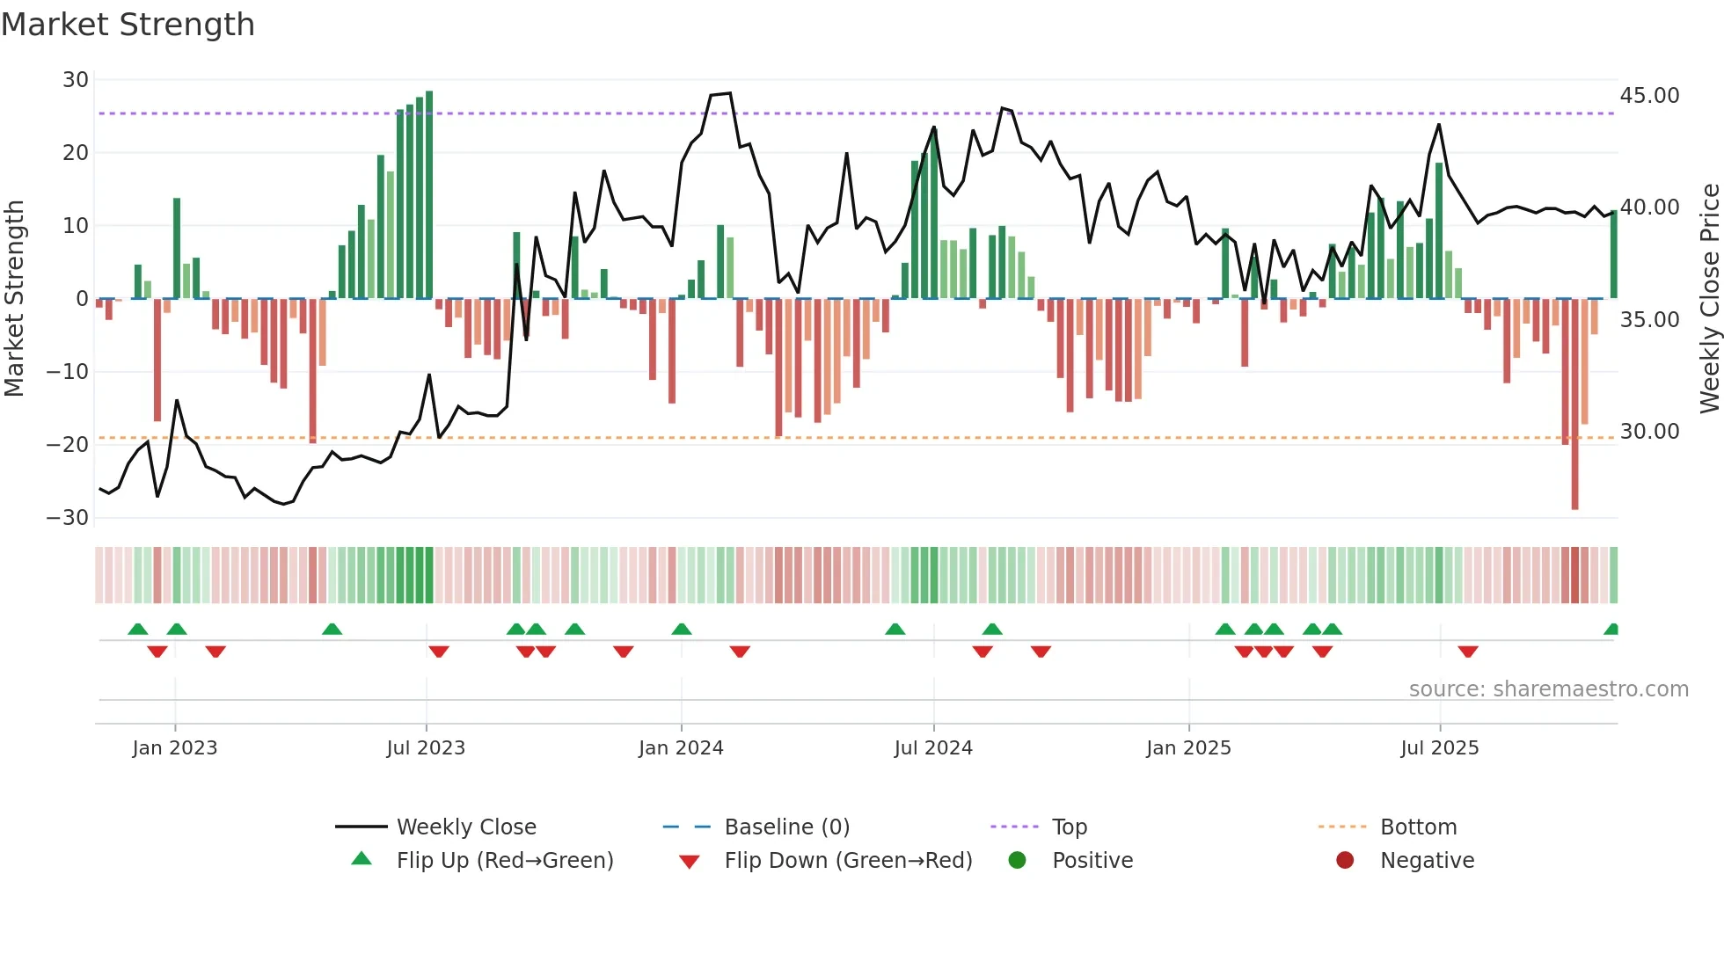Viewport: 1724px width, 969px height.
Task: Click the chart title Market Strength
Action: pyautogui.click(x=128, y=25)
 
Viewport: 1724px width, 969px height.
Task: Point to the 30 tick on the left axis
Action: pyautogui.click(x=76, y=80)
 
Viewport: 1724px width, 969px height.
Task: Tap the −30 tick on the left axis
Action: pyautogui.click(x=68, y=517)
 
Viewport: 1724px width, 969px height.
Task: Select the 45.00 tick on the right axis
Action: pyautogui.click(x=1649, y=95)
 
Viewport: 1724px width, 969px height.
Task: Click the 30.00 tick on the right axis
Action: pyautogui.click(x=1649, y=432)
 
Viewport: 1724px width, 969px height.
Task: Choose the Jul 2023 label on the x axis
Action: pyautogui.click(x=426, y=748)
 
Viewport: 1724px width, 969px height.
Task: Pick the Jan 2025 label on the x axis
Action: pyautogui.click(x=1188, y=748)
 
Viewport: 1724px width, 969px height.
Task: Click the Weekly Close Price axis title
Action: pyautogui.click(x=1709, y=298)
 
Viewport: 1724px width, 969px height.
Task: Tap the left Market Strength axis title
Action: pyautogui.click(x=14, y=298)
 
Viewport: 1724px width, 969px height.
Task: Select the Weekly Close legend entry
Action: pyautogui.click(x=465, y=827)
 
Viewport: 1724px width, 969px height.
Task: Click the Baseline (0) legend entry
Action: pyautogui.click(x=786, y=827)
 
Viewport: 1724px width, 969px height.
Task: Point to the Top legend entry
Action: pyautogui.click(x=1069, y=827)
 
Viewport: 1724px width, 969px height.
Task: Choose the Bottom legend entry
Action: pyautogui.click(x=1418, y=827)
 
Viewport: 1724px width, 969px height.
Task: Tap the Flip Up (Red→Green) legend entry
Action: pyautogui.click(x=504, y=861)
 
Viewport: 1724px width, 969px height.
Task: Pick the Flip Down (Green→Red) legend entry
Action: pyautogui.click(x=848, y=861)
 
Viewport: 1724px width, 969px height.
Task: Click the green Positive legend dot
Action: pyautogui.click(x=1018, y=860)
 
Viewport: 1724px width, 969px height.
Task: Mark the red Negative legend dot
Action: pyautogui.click(x=1345, y=860)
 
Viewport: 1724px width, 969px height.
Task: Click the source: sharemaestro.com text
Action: pyautogui.click(x=1548, y=689)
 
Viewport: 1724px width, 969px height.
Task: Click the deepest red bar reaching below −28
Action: pyautogui.click(x=1574, y=404)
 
